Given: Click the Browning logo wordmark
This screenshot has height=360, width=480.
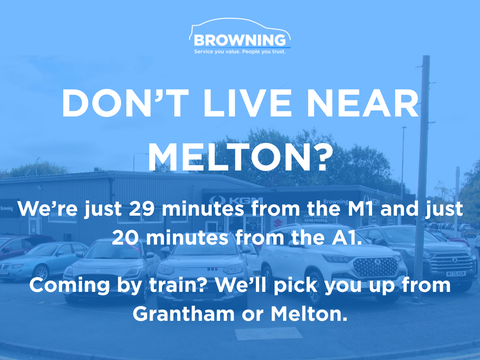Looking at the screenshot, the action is [x=240, y=40].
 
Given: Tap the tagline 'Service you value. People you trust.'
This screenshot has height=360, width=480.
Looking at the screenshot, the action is [x=240, y=52].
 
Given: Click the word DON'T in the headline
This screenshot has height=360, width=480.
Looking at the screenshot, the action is [x=125, y=103].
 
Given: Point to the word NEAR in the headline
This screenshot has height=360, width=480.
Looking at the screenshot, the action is [x=362, y=103].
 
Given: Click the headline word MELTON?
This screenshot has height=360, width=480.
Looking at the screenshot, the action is [x=240, y=157].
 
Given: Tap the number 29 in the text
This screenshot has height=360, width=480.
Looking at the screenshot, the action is [x=142, y=209].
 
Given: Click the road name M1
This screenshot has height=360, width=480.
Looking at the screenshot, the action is [x=361, y=209].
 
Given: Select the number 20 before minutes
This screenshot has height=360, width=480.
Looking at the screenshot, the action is [x=125, y=238].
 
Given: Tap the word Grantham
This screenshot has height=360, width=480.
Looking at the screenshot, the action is [x=184, y=314].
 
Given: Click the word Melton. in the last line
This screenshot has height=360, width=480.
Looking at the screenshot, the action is [x=309, y=314].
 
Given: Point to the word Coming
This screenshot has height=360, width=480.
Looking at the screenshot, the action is [x=69, y=286].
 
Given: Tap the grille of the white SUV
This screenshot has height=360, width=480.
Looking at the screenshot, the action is [x=375, y=266].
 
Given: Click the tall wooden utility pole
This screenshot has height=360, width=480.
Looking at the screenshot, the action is [x=423, y=178].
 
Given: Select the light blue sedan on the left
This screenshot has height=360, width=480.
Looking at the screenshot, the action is [x=42, y=259].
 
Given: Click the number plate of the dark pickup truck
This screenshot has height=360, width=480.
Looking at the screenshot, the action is [x=455, y=273].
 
